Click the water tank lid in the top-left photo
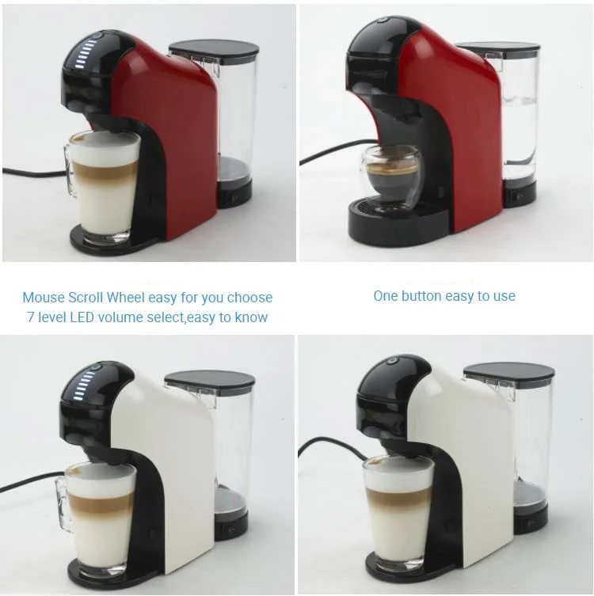(215, 49)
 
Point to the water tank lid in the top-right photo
(498, 49)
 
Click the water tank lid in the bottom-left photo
(210, 379)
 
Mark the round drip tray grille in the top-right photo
(389, 208)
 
